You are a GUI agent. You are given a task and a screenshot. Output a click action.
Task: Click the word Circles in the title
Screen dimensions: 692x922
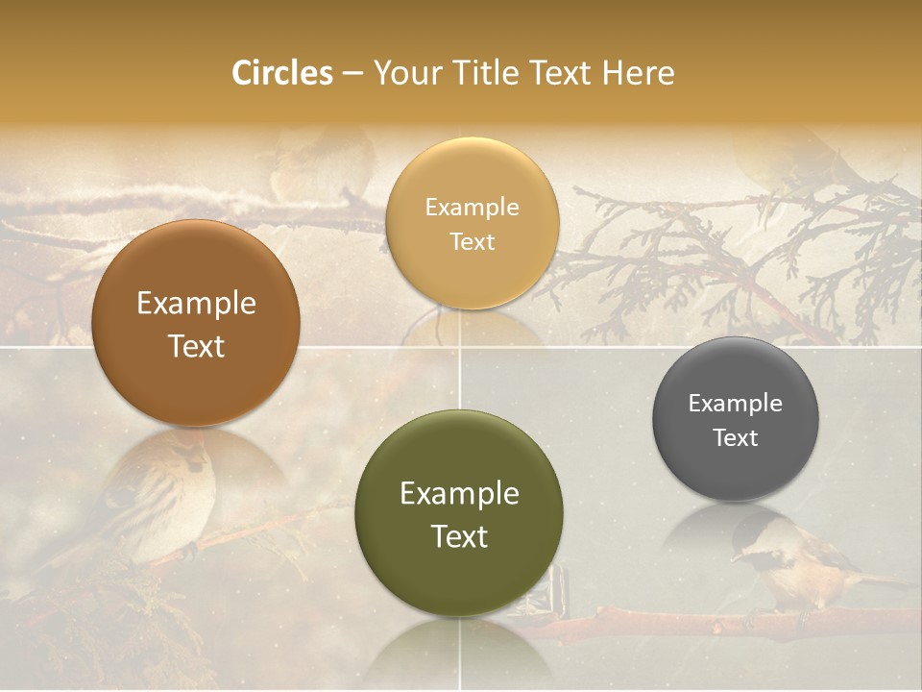[281, 73]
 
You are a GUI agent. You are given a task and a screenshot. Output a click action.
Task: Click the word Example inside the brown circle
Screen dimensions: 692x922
[196, 304]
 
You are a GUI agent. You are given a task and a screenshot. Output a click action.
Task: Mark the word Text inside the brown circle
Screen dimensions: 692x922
[196, 346]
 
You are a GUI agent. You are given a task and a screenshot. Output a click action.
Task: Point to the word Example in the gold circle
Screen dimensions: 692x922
[472, 208]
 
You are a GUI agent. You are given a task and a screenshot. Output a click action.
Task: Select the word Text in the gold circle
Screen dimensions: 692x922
[472, 241]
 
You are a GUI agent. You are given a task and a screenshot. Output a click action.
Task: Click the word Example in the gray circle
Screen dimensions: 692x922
[736, 404]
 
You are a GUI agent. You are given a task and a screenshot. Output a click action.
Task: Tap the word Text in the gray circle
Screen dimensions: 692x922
[736, 438]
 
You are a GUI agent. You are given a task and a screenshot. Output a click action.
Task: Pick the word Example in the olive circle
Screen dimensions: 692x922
[459, 494]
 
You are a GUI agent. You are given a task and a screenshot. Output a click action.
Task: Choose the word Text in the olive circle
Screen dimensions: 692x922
[459, 536]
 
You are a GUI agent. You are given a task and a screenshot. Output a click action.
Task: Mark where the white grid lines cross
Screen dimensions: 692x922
[460, 346]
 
